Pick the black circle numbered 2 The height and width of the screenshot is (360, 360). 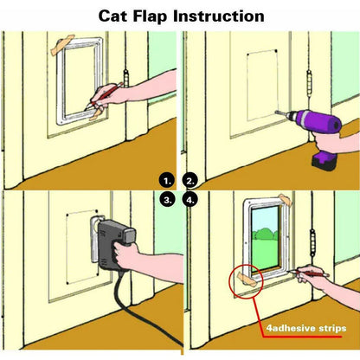(x=191, y=181)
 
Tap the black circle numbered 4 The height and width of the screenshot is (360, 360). (x=191, y=198)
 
